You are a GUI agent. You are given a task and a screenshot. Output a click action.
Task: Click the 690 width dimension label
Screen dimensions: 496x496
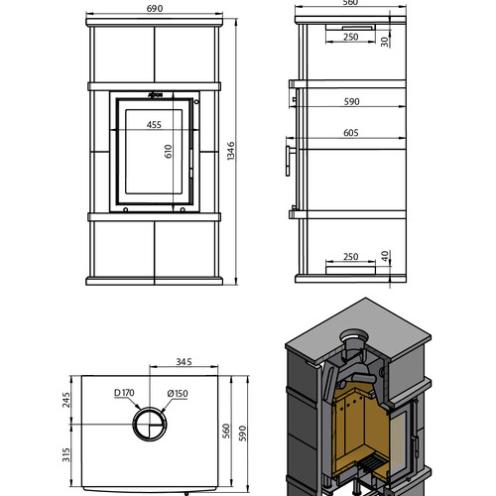click(x=155, y=8)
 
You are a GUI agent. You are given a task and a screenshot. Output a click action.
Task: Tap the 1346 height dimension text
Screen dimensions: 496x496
click(x=231, y=151)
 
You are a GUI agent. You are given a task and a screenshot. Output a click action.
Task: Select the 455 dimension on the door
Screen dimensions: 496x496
click(x=154, y=125)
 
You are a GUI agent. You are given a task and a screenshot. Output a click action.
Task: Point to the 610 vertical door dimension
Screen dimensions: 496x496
click(x=169, y=152)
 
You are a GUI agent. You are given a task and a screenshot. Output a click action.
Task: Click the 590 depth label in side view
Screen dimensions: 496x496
click(x=351, y=101)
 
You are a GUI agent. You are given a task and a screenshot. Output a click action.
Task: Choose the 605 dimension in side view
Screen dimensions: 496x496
click(x=351, y=133)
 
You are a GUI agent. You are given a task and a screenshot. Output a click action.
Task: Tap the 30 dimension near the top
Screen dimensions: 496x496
click(x=385, y=42)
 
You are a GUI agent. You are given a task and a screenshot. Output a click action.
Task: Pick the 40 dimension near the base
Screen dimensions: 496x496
click(x=385, y=256)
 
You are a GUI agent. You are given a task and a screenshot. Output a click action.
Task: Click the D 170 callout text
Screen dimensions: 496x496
click(x=124, y=393)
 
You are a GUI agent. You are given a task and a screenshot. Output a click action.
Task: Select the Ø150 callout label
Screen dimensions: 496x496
click(x=178, y=394)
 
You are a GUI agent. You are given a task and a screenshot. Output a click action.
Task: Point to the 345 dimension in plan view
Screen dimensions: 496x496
click(x=184, y=362)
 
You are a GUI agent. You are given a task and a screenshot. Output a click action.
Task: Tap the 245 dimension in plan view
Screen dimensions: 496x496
click(x=66, y=400)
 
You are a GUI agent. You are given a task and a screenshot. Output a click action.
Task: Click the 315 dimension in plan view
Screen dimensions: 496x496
click(x=66, y=454)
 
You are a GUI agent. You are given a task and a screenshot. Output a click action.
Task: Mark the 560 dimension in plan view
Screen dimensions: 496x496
click(x=226, y=431)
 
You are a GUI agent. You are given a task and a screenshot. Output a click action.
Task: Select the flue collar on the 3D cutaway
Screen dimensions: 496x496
click(x=352, y=339)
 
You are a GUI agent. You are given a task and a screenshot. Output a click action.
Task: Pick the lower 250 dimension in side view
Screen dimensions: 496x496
click(x=351, y=257)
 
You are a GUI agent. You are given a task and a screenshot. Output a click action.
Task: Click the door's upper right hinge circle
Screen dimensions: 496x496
click(x=196, y=101)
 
